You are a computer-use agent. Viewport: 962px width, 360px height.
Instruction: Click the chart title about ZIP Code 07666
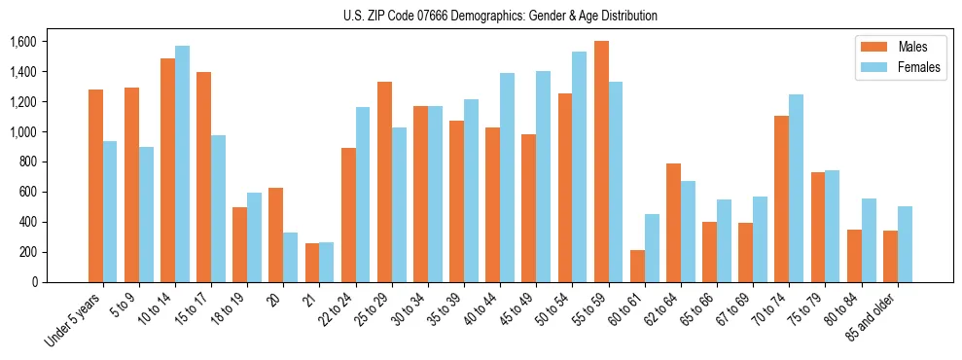[x=500, y=16]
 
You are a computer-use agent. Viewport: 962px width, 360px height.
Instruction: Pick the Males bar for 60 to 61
[x=637, y=266]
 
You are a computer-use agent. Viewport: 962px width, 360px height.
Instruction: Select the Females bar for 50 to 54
[x=580, y=166]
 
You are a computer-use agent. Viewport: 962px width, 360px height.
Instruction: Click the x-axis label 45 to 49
[x=518, y=311]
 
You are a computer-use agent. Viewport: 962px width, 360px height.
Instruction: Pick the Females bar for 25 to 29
[x=398, y=204]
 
